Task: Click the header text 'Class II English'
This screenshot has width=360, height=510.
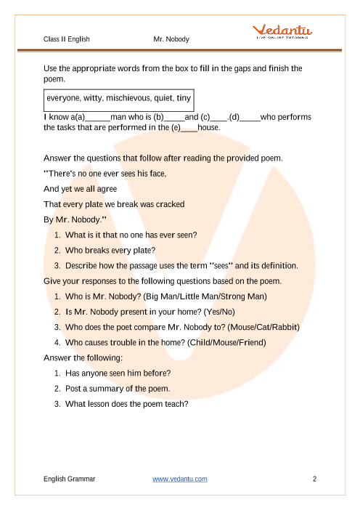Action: [67, 39]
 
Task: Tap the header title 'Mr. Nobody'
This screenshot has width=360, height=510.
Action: [171, 39]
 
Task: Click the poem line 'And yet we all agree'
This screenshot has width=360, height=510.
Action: [81, 189]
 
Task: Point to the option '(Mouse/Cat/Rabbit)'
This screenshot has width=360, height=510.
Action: [259, 327]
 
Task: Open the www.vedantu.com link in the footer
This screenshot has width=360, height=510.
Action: [180, 479]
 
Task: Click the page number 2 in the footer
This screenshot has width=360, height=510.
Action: [314, 479]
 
